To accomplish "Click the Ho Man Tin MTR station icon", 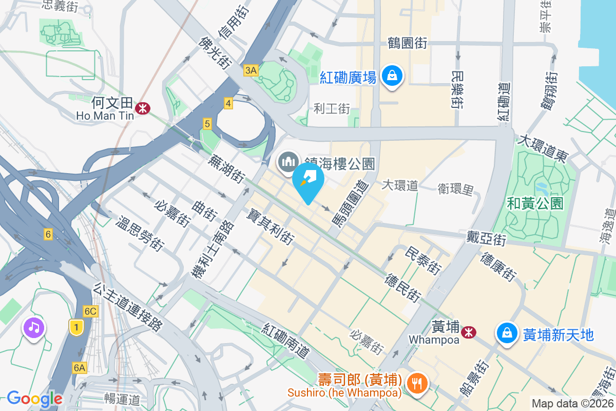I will (x=142, y=108).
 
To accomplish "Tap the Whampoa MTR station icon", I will (x=468, y=332).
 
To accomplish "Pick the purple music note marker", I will (x=34, y=327).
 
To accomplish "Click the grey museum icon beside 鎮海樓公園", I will (x=288, y=162).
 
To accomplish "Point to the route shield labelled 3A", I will (x=251, y=70).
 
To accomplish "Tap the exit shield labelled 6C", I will (x=91, y=311).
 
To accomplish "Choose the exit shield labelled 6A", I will (x=80, y=367).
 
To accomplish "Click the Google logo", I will (x=34, y=399).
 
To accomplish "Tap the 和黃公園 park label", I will (x=535, y=203).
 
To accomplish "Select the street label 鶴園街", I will (x=408, y=43).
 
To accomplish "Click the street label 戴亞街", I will (x=487, y=238).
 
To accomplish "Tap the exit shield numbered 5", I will (x=207, y=123).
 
